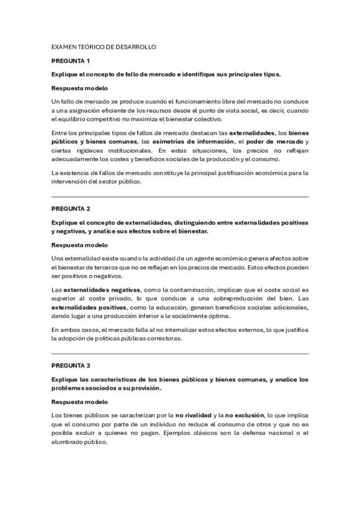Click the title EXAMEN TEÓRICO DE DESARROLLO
coord(103,46)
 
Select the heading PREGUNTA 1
coord(70,61)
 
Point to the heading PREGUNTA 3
coord(70,365)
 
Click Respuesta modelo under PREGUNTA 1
coord(79,88)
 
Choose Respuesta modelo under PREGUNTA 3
coord(79,402)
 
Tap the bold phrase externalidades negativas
coord(102,289)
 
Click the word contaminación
coord(188,289)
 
